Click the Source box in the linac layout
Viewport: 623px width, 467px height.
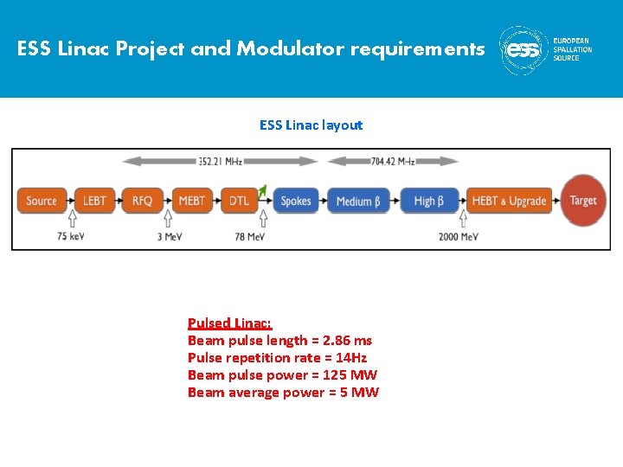[x=42, y=201]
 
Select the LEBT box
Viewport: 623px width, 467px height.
[x=94, y=201]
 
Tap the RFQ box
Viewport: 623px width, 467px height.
[x=143, y=201]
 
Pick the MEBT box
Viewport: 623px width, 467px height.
[x=191, y=201]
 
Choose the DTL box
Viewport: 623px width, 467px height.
[x=240, y=201]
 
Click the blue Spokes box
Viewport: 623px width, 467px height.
[x=296, y=201]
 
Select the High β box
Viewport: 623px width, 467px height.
[x=429, y=201]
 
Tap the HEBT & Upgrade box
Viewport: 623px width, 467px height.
[x=509, y=201]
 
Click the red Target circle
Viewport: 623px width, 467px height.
[x=583, y=201]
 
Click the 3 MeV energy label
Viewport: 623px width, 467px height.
[x=170, y=236]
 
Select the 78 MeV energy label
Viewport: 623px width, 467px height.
[x=249, y=236]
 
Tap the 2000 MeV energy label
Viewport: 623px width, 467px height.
[x=458, y=236]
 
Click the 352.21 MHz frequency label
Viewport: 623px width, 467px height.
[x=220, y=161]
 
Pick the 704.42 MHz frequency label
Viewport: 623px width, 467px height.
[x=393, y=161]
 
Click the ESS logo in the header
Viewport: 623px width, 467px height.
[x=525, y=50]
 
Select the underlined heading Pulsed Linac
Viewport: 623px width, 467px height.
[x=229, y=323]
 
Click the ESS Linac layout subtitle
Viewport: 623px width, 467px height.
[x=311, y=125]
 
